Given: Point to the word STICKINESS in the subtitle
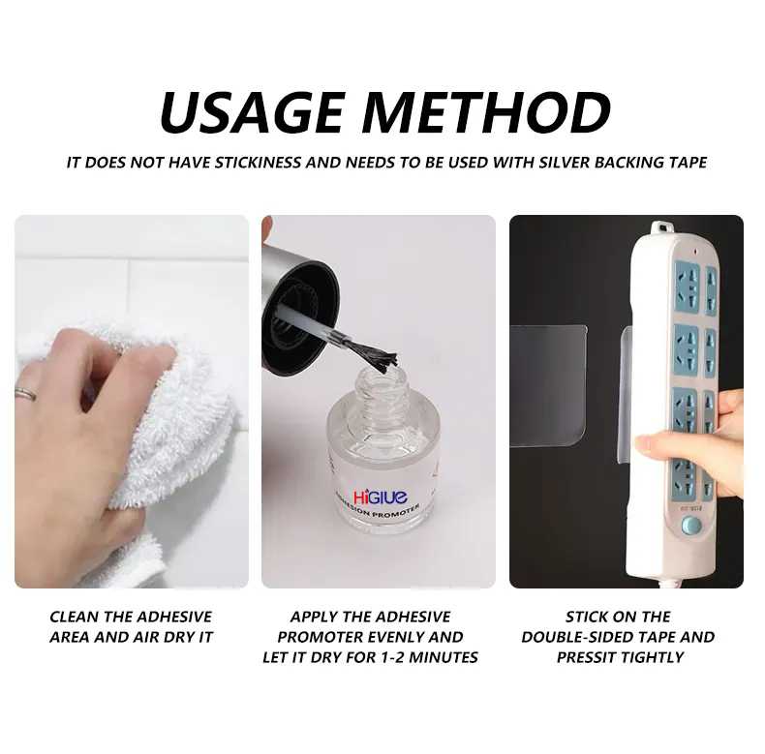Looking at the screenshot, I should click(255, 162).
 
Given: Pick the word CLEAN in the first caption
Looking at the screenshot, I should click(73, 617).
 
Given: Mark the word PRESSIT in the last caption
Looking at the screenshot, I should click(587, 657).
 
